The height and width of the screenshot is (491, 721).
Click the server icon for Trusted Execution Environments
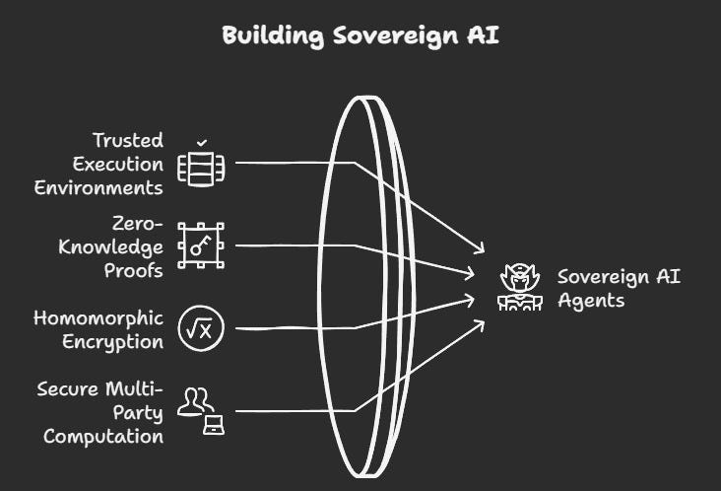201,169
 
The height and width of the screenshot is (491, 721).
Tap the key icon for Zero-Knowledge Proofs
201,245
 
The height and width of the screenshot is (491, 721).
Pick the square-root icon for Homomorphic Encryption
201,328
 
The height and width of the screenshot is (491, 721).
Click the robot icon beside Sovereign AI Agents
518,287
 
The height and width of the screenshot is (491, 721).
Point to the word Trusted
128,140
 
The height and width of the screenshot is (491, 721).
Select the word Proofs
133,270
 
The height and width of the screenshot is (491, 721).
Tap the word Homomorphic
98,318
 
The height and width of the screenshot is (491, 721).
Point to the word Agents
591,300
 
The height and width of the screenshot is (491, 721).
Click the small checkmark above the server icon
201,142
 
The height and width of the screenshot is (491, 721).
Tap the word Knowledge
110,246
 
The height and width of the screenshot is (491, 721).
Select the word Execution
118,164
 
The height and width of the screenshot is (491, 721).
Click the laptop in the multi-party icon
213,426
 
